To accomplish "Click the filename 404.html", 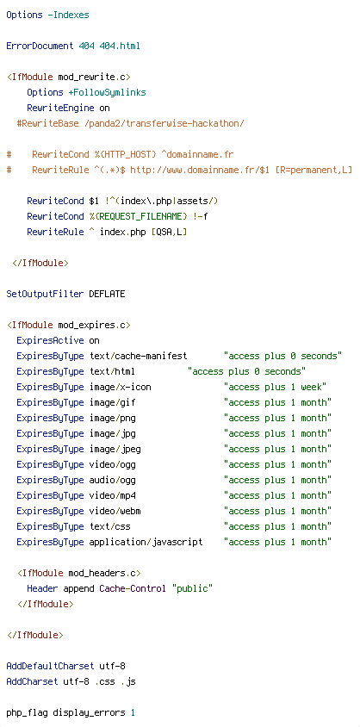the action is click(120, 46).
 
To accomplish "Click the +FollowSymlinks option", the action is click(107, 92).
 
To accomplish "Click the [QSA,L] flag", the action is click(166, 232).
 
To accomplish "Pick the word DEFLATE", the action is click(107, 294).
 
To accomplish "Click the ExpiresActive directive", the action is click(50, 340).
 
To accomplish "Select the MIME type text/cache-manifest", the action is click(138, 356).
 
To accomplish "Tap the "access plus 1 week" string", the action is click(276, 387).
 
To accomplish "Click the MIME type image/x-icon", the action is click(120, 387).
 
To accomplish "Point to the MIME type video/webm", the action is click(115, 511).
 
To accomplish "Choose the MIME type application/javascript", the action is click(146, 542).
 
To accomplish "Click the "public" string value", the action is click(192, 588).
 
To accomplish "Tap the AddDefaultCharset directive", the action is click(50, 666).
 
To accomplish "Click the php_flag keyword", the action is click(27, 712).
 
